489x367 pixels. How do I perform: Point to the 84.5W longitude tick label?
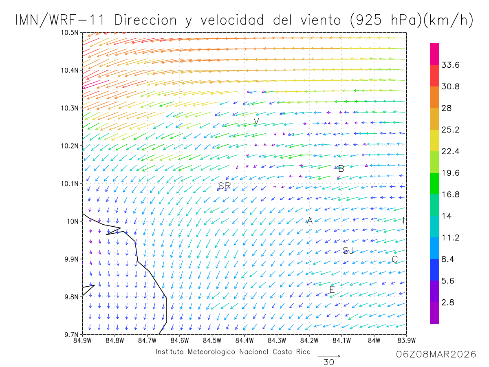212,340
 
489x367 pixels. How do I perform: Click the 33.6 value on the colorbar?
450,65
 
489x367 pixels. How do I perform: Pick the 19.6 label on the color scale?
450,173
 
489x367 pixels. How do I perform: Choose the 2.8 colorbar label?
447,302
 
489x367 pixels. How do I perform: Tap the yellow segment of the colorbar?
434,140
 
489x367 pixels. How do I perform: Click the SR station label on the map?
225,186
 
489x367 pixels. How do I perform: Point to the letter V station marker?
256,121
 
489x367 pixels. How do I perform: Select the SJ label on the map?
348,250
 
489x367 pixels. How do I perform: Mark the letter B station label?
341,168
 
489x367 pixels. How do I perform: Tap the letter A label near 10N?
309,221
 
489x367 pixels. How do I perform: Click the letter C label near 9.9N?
394,259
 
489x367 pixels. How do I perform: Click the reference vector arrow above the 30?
328,356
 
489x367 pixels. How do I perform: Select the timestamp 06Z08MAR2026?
436,354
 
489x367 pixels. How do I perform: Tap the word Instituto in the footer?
172,352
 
